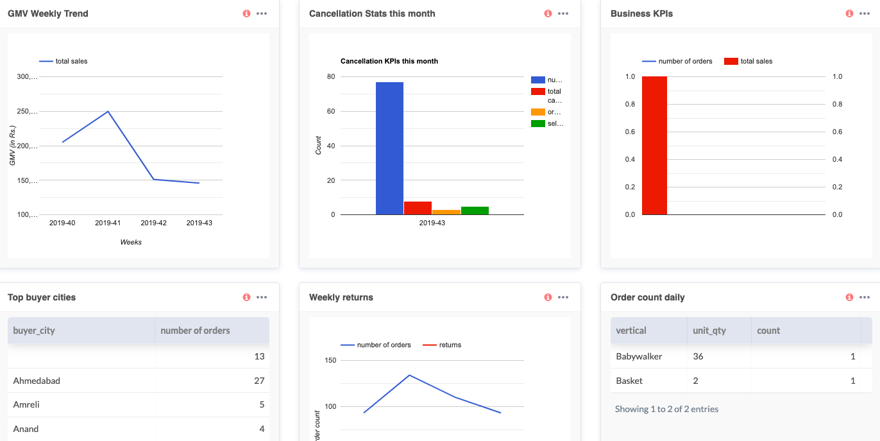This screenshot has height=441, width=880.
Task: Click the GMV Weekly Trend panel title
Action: tap(48, 13)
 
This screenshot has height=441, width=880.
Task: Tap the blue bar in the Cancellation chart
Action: tap(389, 148)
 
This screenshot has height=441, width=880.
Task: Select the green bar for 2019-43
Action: tap(475, 211)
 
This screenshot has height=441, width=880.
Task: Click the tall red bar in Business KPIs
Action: tap(654, 146)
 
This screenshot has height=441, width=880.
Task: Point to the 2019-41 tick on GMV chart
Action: tap(108, 223)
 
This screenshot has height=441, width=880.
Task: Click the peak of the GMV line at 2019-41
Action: tap(108, 112)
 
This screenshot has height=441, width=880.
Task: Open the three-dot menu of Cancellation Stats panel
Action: tap(563, 13)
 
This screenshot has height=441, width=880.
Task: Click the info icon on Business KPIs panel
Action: tap(849, 13)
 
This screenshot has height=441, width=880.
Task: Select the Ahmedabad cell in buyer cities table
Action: tap(37, 381)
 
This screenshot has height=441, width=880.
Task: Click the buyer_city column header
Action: tap(34, 331)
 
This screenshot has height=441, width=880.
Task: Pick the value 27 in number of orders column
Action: tap(259, 381)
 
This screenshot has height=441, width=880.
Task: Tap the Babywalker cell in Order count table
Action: tap(639, 356)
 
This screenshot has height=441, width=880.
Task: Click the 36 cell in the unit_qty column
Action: tap(698, 356)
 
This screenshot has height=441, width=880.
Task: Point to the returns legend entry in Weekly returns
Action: tap(450, 345)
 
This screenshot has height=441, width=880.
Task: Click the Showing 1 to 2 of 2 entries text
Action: tap(666, 409)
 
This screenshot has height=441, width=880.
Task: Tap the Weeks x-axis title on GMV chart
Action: tap(131, 242)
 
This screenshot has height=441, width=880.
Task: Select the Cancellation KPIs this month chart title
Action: tap(389, 61)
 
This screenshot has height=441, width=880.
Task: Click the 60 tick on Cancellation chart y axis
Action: tap(331, 111)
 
